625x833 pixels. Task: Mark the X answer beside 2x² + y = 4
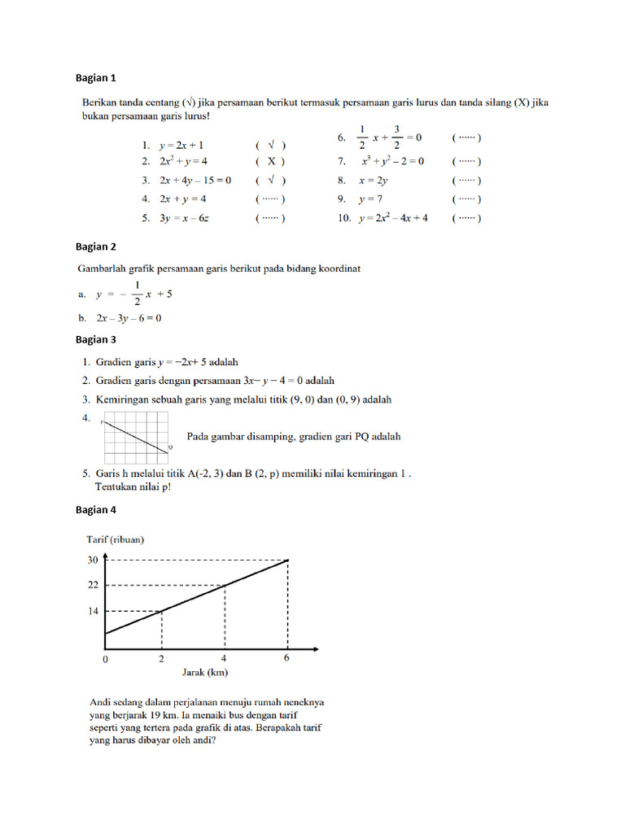[x=270, y=162]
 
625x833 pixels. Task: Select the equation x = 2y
[x=374, y=181]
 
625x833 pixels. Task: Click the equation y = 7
[x=370, y=199]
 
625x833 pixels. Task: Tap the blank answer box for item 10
[x=466, y=218]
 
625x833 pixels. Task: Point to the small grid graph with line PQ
[x=135, y=437]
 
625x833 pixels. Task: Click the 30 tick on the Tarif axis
[x=92, y=559]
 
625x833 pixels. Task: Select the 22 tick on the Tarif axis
[x=92, y=585]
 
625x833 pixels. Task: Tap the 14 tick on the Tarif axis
[x=92, y=611]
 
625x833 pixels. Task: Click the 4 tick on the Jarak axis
[x=224, y=659]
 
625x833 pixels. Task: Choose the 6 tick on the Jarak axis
[x=286, y=659]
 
